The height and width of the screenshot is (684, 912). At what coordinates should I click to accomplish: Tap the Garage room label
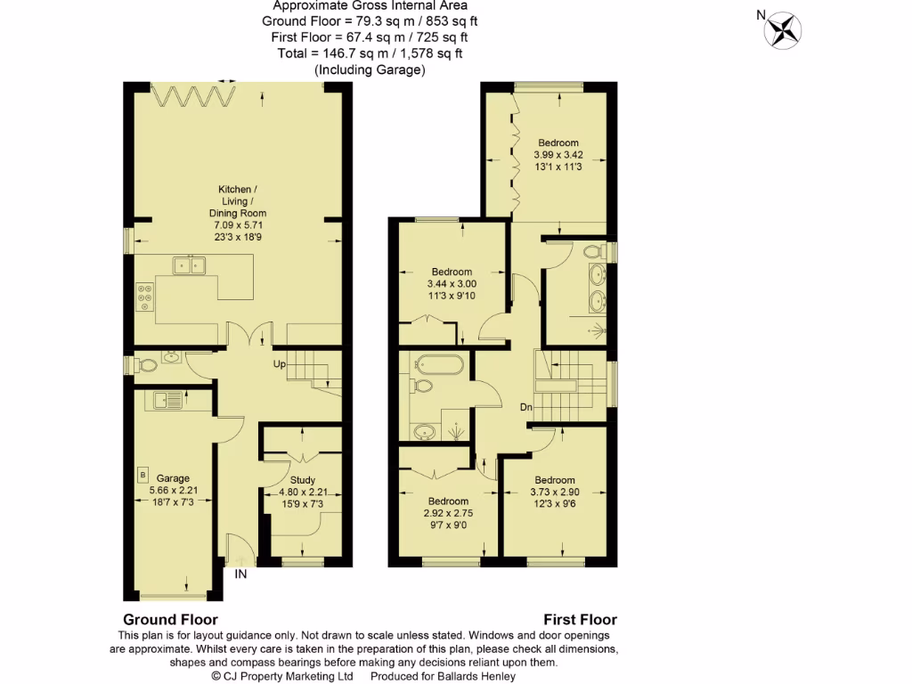173,478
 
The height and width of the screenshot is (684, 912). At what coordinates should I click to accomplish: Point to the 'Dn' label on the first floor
527,407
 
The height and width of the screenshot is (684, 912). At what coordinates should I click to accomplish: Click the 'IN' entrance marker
240,574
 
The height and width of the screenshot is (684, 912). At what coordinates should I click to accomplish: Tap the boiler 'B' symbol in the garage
142,473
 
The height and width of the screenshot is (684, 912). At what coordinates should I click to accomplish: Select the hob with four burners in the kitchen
144,297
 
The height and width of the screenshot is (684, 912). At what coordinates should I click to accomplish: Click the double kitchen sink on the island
189,264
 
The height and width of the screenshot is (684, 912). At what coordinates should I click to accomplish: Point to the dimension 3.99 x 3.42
558,154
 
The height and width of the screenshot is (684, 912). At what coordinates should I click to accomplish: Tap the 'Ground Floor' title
170,620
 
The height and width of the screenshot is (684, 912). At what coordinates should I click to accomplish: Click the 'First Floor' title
580,620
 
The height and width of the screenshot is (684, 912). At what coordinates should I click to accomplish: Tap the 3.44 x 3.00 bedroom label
452,283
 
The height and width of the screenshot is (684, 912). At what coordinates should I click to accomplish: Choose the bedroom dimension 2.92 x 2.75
448,514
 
